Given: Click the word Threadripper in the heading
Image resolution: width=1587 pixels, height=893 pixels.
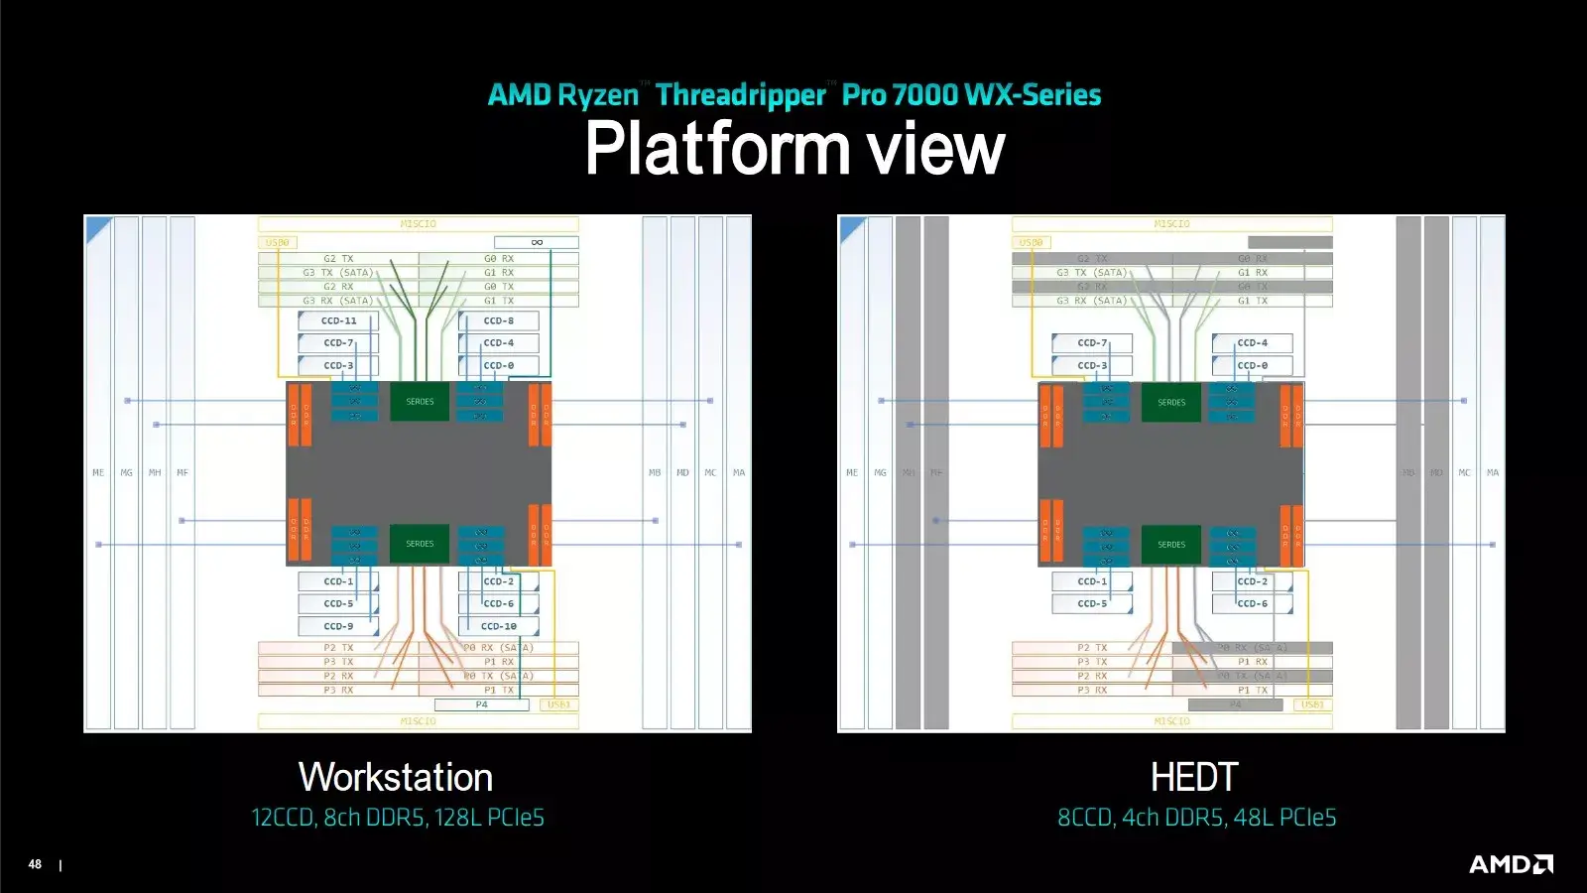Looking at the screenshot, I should pos(741,95).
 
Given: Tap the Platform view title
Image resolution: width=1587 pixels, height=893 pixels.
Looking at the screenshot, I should pos(794,149).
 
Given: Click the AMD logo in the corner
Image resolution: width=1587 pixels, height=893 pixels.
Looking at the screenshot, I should pos(1511,864).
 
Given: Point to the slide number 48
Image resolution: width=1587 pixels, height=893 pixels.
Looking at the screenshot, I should pos(35,864).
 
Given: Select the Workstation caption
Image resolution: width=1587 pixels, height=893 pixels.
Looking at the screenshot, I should pos(396,777).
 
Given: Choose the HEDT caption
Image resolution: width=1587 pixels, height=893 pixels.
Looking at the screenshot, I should pos(1194,777).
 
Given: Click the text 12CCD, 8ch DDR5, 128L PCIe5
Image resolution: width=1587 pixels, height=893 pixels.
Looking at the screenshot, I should pos(398,818).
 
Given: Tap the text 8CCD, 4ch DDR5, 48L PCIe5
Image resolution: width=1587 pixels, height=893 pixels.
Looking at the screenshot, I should pos(1196,818).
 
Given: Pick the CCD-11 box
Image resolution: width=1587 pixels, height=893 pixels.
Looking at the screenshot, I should pos(338,320).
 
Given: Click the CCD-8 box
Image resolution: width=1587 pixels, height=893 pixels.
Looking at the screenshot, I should pos(499,320).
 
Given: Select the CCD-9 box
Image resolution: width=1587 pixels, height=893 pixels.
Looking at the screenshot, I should pos(338,626).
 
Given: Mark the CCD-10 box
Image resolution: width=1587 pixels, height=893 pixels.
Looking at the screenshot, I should pos(499,626).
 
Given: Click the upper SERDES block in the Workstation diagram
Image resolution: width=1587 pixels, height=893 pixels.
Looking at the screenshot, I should pos(420,402).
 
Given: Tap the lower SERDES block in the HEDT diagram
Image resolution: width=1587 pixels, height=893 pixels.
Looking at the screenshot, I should pos(1171,544).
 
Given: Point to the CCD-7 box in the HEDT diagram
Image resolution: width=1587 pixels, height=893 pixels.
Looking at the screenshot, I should pos(1092,343).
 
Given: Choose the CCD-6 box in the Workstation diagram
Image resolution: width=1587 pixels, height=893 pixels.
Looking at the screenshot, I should pos(499,603).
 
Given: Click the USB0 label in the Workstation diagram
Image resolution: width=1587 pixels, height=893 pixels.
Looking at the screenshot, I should pos(278,242).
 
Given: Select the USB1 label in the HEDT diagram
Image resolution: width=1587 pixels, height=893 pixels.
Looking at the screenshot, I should pos(1312,704).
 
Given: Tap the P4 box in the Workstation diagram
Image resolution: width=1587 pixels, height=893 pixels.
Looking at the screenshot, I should pos(481,704).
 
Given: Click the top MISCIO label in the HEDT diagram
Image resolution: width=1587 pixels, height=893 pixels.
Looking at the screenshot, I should pos(1171,224).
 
